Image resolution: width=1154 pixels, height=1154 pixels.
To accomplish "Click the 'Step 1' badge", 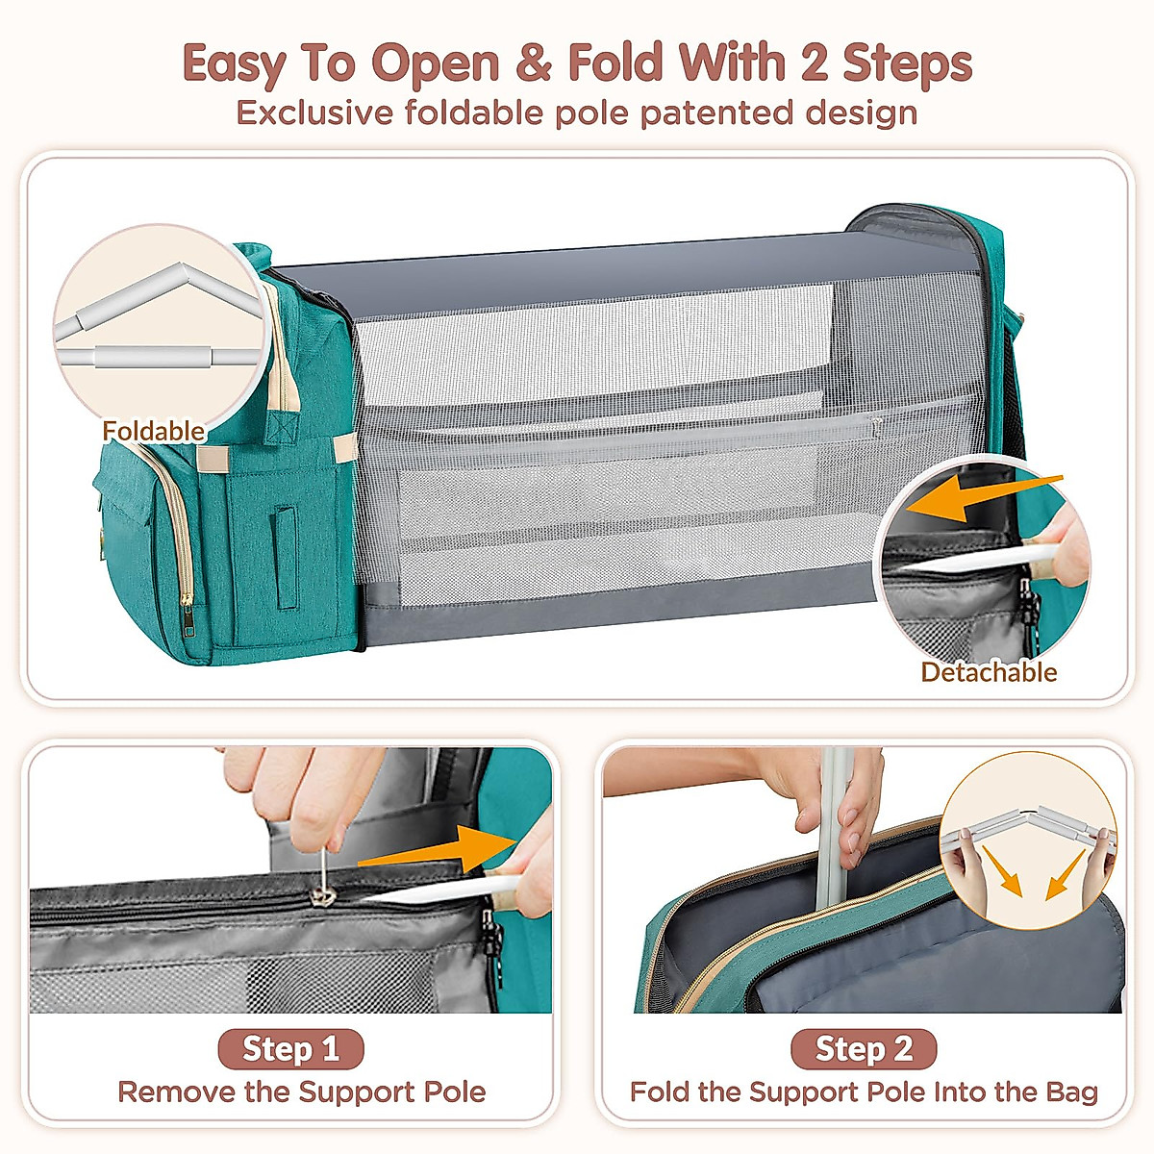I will (x=290, y=1048).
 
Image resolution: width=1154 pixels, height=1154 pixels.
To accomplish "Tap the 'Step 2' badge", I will (x=863, y=1048).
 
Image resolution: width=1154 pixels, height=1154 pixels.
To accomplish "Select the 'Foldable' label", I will (x=154, y=431).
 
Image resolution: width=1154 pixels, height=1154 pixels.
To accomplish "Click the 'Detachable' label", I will (x=989, y=672).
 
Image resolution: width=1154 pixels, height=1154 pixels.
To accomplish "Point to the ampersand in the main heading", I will (x=533, y=63).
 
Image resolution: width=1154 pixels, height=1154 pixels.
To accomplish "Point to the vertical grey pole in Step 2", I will (x=833, y=827).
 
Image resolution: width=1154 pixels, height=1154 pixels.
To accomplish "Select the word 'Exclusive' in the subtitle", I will (x=315, y=113).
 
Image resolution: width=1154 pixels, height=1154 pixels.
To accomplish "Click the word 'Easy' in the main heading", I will (x=233, y=63).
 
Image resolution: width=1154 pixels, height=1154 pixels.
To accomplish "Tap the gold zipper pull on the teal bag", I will (x=187, y=596).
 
